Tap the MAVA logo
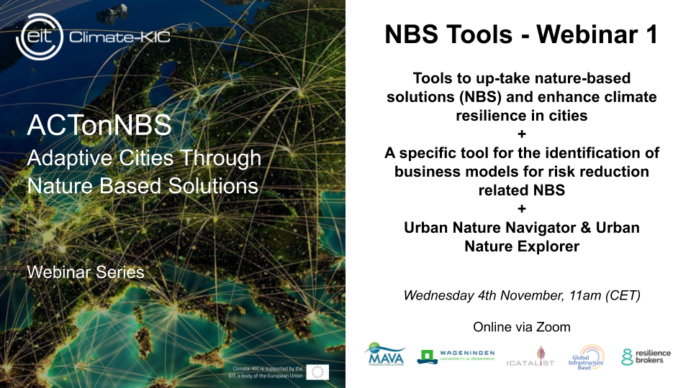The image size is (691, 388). pos(387,354)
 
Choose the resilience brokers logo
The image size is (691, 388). pos(646,356)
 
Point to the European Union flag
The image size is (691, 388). pos(317,371)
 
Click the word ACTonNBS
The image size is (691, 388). pos(99,126)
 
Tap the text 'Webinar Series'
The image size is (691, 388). pos(85,272)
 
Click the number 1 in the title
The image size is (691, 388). pos(649,34)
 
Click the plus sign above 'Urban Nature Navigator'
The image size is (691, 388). pos(522,209)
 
